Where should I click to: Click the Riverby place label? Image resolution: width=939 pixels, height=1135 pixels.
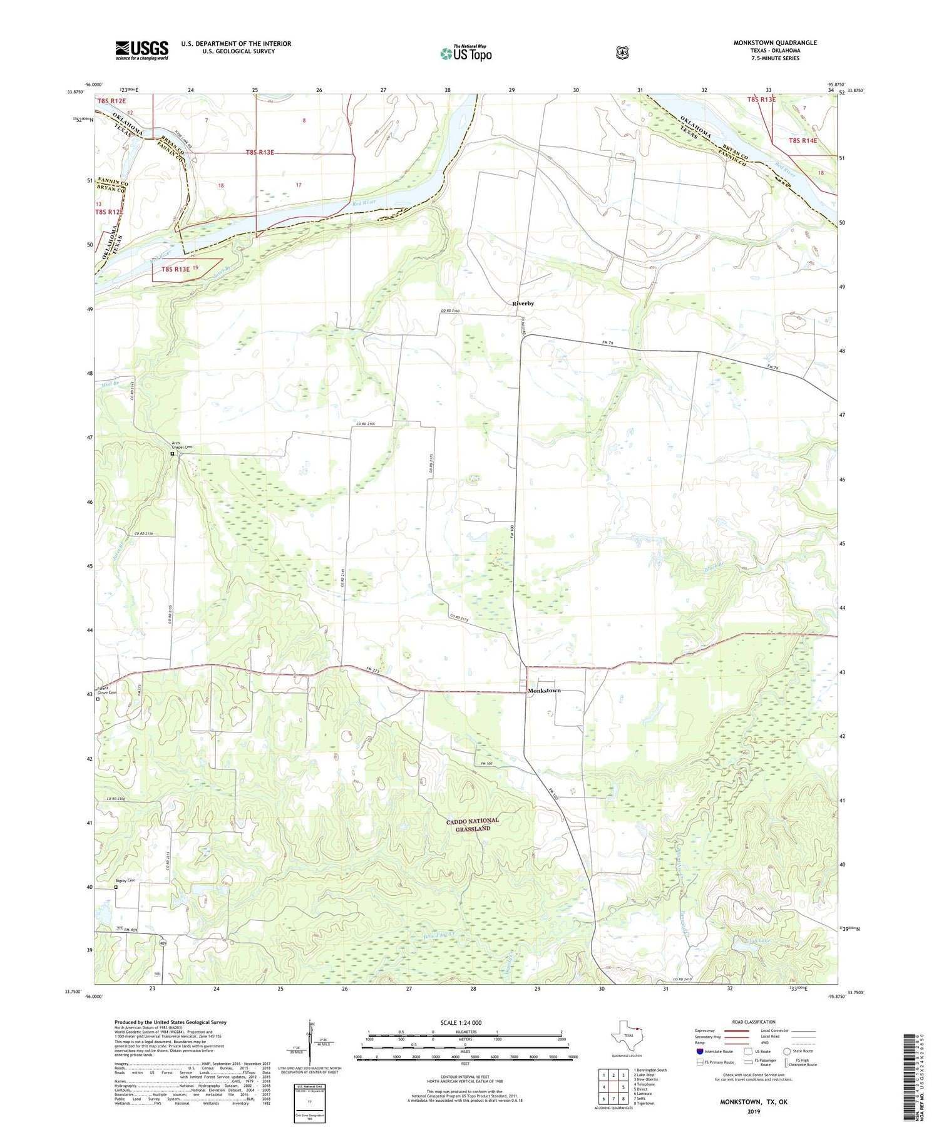point(523,303)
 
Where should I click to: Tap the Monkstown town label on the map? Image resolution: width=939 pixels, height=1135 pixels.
point(544,691)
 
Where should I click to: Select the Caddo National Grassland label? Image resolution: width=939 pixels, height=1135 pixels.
point(477,824)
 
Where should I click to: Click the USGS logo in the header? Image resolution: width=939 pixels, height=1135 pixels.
point(142,50)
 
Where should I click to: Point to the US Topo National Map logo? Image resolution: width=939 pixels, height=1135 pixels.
point(466,53)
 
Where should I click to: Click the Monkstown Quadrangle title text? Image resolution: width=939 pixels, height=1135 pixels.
point(775,43)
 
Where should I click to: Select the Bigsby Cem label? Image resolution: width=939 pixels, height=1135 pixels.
point(125,880)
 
